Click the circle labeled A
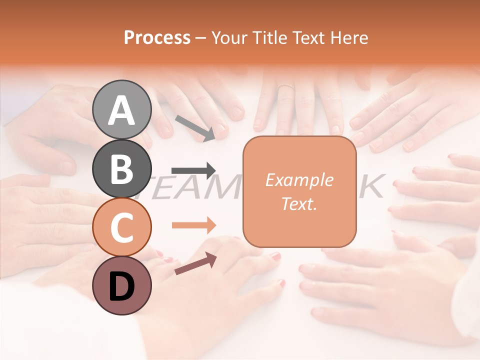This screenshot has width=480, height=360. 121,109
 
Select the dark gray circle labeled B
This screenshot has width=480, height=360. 121,168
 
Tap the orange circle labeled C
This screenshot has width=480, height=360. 121,227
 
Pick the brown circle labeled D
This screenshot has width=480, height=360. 121,285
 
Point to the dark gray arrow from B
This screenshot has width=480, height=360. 194,170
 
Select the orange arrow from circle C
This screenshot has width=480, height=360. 194,225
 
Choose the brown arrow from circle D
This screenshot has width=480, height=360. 195,263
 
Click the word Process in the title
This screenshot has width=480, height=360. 157,38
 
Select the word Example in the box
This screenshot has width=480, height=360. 299,180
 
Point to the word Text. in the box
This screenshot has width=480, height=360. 299,203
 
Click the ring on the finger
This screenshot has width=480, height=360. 285,87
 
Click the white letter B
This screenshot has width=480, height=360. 121,169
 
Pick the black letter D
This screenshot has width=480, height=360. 121,286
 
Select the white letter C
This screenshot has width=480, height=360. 121,227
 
